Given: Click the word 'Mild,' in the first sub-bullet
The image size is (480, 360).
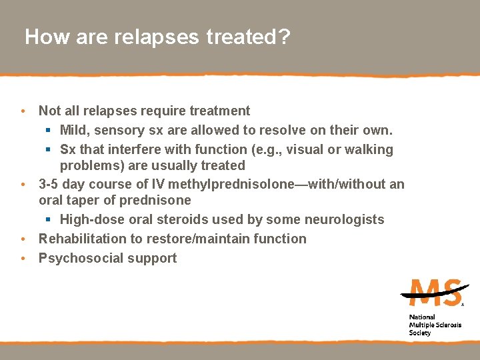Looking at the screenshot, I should pos(76,130).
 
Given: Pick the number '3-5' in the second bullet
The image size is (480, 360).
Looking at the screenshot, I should pos(49,184).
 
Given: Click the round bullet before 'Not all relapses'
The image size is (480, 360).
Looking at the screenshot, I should pos(23,111).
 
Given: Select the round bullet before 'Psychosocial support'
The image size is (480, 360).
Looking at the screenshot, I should pos(23,258).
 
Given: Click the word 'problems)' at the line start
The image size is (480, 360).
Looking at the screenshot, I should pos(90,165).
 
